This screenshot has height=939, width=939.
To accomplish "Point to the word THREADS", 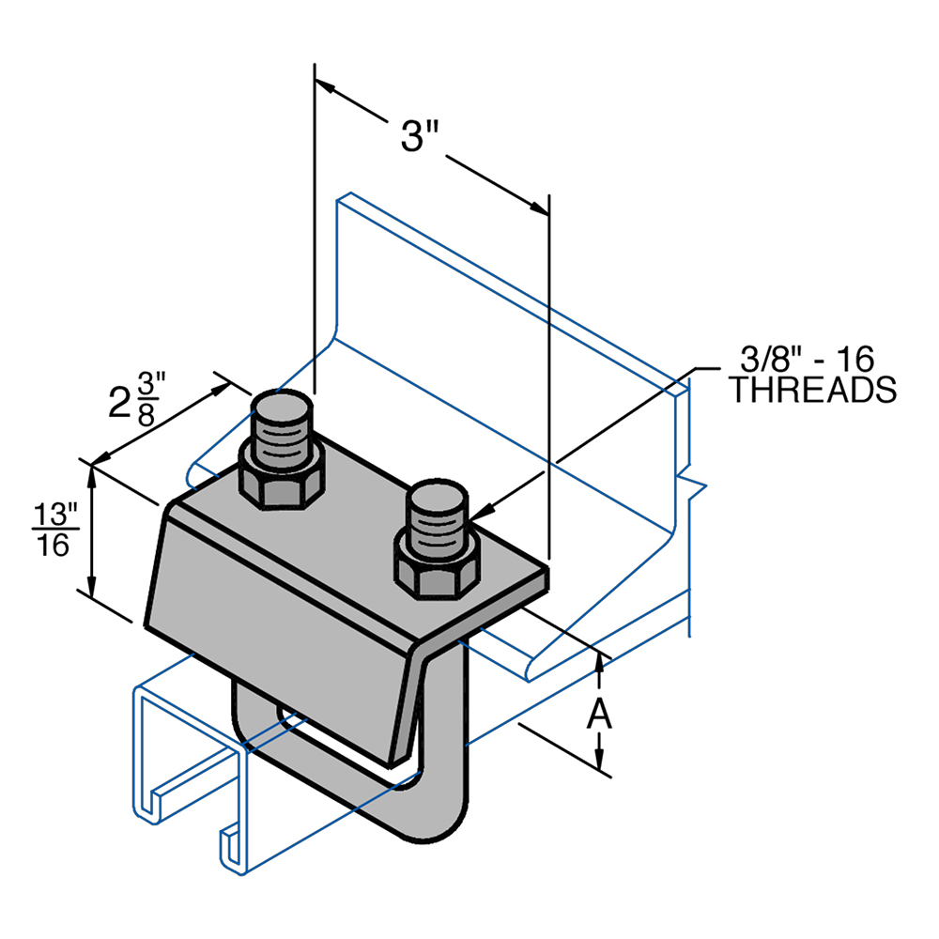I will coord(812,391).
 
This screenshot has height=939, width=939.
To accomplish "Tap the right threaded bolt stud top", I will coord(437,498).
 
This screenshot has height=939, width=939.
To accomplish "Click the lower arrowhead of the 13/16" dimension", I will coord(92,586).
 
